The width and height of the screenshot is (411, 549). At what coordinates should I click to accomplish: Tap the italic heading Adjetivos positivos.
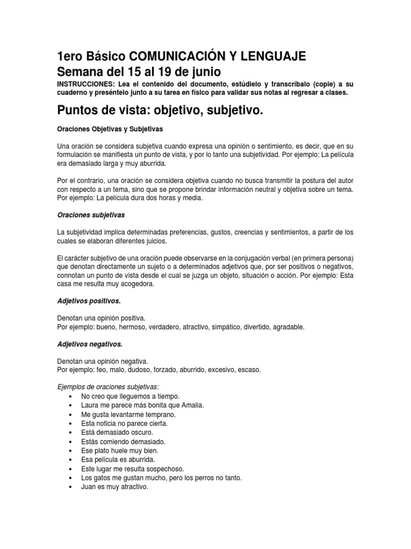coord(88,301)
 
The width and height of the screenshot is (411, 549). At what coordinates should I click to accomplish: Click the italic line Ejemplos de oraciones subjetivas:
coord(108,387)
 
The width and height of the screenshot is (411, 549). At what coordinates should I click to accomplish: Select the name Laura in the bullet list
coord(90,405)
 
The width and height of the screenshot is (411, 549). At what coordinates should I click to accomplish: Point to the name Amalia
coord(191,405)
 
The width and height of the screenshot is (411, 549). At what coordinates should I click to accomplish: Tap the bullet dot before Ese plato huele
coord(71,451)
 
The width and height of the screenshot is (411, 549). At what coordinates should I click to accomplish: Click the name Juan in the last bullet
coord(89,487)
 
